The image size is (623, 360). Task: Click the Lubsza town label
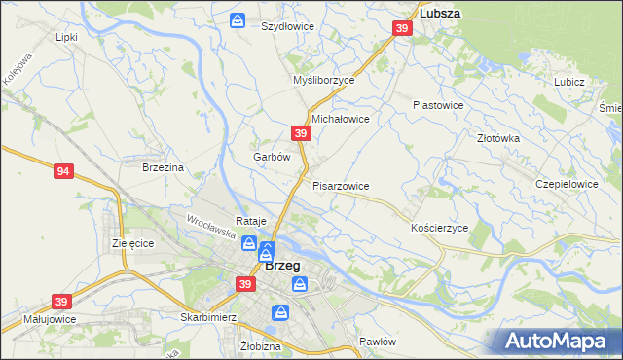tap(439, 14)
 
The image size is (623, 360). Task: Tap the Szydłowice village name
tap(287, 26)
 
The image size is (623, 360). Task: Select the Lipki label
tap(66, 37)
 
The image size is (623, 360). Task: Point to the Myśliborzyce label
tap(324, 81)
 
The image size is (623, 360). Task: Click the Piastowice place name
tap(437, 104)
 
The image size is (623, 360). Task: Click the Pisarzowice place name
tap(341, 185)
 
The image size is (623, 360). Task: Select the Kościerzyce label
tap(440, 227)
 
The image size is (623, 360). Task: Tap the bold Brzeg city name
tap(281, 265)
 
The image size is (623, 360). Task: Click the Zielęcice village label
tap(133, 243)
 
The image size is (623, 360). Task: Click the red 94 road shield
tap(63, 171)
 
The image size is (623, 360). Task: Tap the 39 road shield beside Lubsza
tap(403, 31)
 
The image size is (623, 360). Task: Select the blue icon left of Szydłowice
tap(238, 20)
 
